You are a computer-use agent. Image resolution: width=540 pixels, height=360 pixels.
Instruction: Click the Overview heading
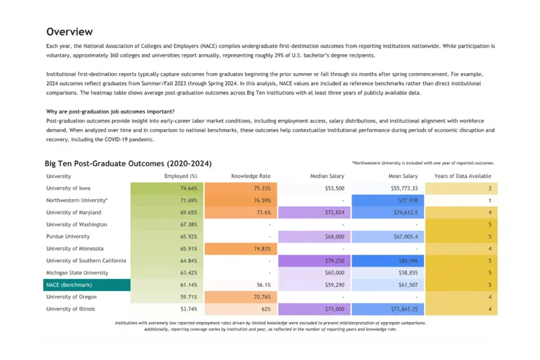(70, 32)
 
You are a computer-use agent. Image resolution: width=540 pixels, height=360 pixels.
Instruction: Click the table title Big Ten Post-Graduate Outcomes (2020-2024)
(128, 163)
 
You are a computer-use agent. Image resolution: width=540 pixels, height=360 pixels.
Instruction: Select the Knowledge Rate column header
(250, 176)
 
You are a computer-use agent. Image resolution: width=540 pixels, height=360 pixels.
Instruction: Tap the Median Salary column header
(327, 176)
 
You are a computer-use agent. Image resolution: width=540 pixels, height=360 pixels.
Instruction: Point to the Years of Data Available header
(462, 176)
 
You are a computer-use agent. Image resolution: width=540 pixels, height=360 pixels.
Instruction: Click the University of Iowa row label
(68, 188)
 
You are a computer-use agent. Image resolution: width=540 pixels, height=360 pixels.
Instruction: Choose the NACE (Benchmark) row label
(69, 285)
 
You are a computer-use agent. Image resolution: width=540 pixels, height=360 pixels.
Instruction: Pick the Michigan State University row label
(77, 273)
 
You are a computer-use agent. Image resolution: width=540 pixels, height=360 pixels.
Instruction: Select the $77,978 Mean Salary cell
(387, 201)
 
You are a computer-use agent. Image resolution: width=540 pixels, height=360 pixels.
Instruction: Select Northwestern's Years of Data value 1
(462, 201)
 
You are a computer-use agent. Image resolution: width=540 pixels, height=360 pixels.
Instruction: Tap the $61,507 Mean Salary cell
(387, 285)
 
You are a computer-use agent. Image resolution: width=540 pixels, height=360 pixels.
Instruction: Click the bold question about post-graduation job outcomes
(111, 111)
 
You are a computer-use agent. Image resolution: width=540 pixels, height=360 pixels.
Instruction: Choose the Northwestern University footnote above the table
(423, 163)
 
